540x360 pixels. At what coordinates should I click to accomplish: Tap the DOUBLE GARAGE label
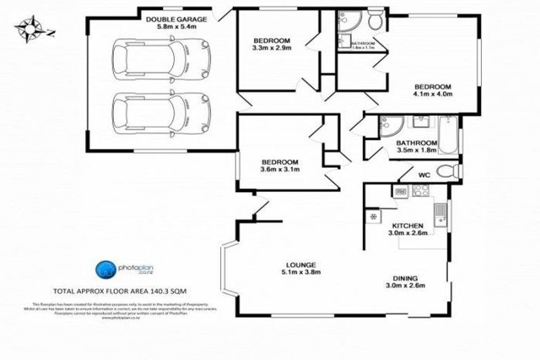[176, 25]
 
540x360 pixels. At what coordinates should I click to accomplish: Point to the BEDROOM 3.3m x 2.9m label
[271, 43]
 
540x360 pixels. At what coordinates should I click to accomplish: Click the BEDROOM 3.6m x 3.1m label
[280, 165]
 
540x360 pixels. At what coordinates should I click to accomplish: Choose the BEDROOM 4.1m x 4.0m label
[432, 91]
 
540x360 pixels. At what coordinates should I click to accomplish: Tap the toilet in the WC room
[446, 171]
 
